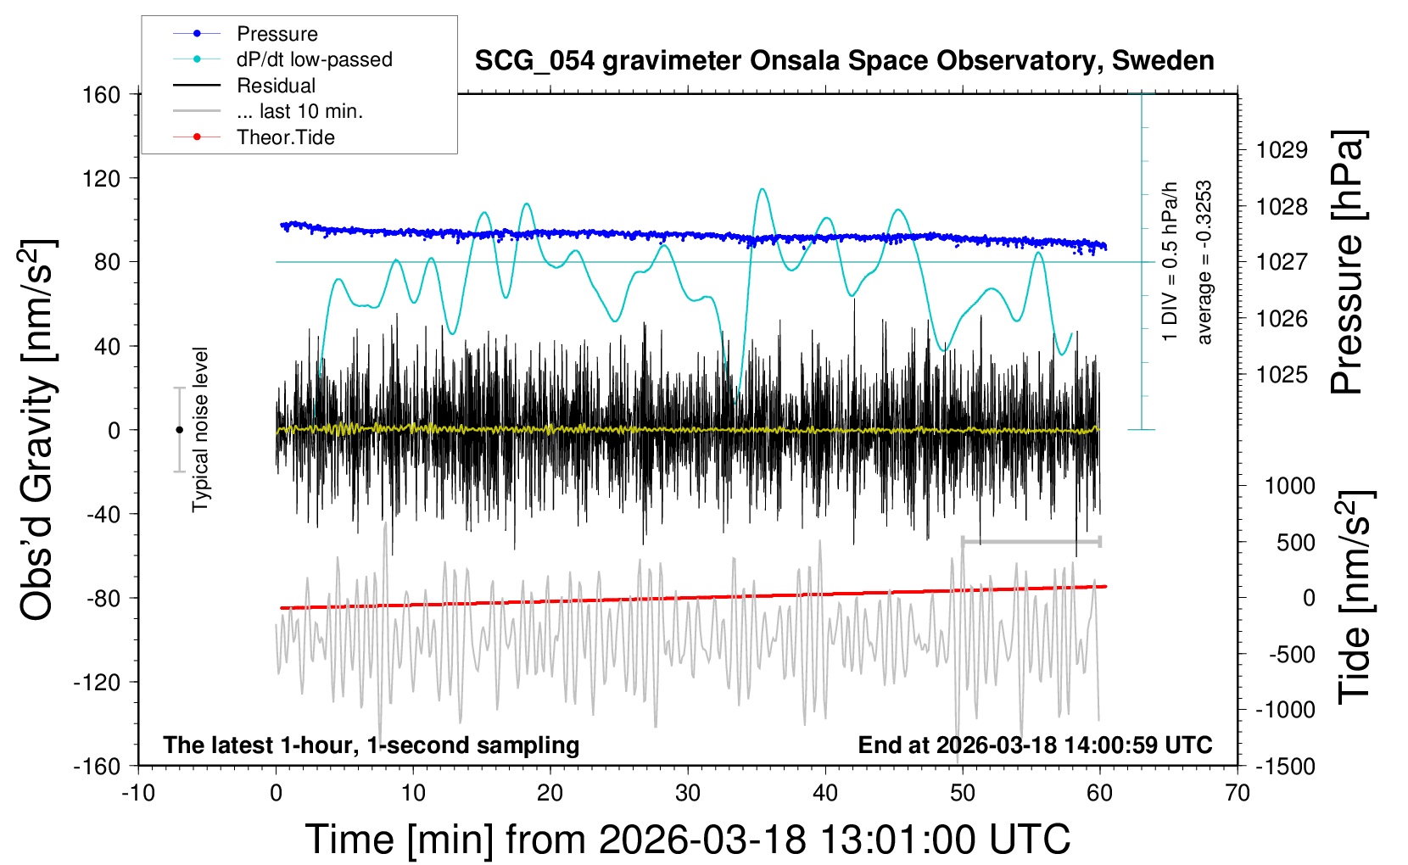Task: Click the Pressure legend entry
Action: point(277,34)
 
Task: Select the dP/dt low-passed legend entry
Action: point(314,59)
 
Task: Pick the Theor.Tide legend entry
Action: point(285,137)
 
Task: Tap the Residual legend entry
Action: point(276,86)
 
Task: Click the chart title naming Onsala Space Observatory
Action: point(844,61)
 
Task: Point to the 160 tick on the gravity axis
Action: point(101,95)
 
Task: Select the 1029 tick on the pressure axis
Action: point(1282,150)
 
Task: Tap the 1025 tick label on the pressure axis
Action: point(1282,375)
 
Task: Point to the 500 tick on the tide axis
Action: point(1295,543)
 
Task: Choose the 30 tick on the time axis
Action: point(688,794)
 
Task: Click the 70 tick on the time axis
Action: point(1238,794)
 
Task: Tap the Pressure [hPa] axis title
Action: point(1349,263)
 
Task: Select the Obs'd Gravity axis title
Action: point(37,430)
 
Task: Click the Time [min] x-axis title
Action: point(687,840)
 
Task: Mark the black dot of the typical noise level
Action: point(179,430)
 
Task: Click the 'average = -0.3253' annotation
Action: point(1204,263)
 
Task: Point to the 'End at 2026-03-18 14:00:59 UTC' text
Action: point(1035,745)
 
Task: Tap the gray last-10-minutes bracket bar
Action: point(1031,541)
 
